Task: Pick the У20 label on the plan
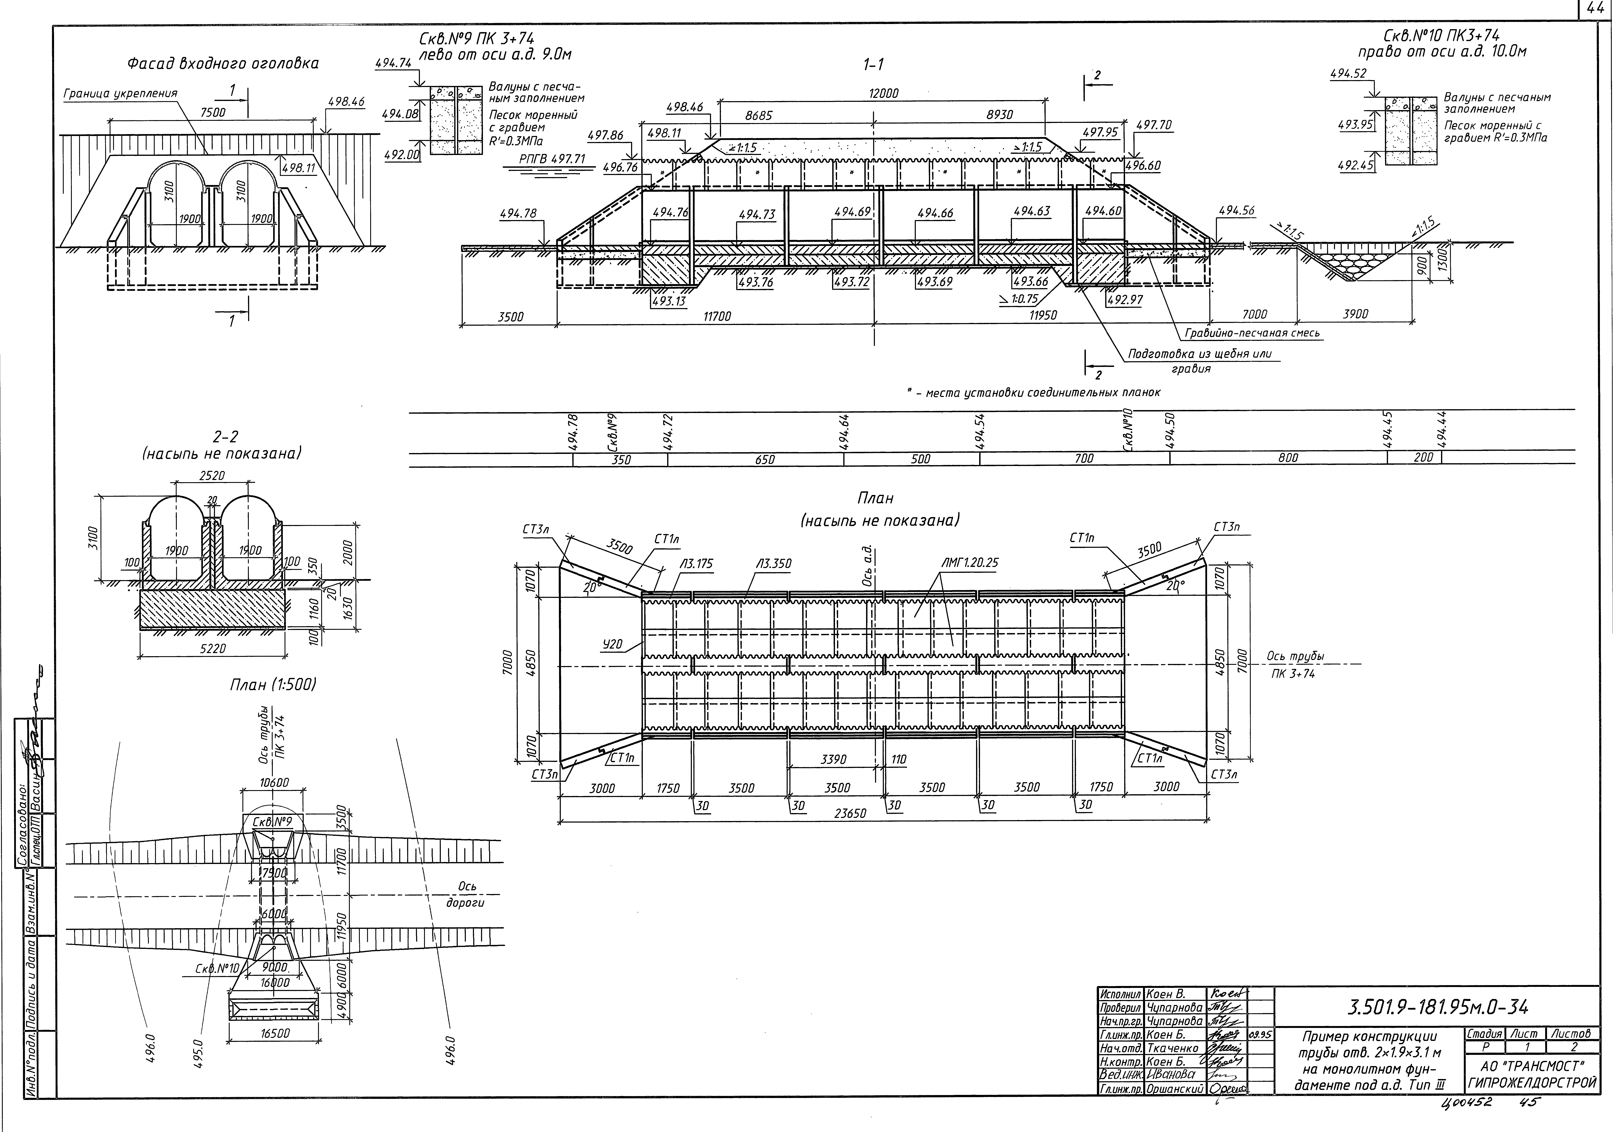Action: point(612,644)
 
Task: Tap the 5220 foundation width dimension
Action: point(213,649)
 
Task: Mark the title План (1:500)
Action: point(273,685)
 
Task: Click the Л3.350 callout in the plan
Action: point(774,563)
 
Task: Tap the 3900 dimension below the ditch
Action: point(1355,315)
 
